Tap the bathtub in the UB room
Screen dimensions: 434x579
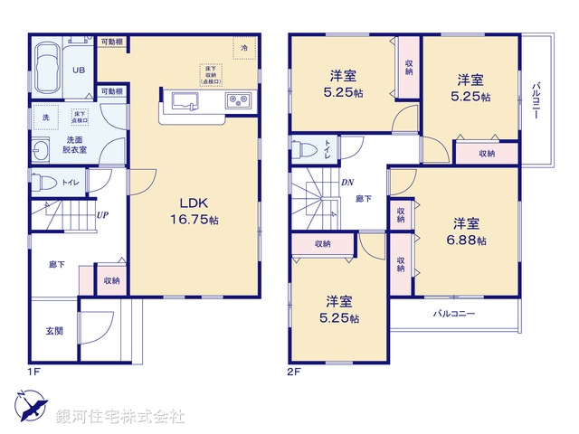tap(44, 62)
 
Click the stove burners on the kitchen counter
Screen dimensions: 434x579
tap(238, 100)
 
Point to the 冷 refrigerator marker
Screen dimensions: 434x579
tap(243, 46)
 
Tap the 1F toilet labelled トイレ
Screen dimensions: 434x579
tap(45, 182)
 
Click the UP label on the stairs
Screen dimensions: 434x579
tap(103, 215)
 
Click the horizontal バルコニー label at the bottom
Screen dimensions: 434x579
tap(453, 314)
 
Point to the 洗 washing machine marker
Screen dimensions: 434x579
tap(45, 118)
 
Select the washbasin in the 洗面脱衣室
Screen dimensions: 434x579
tap(41, 151)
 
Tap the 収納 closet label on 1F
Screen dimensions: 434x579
tap(112, 281)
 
